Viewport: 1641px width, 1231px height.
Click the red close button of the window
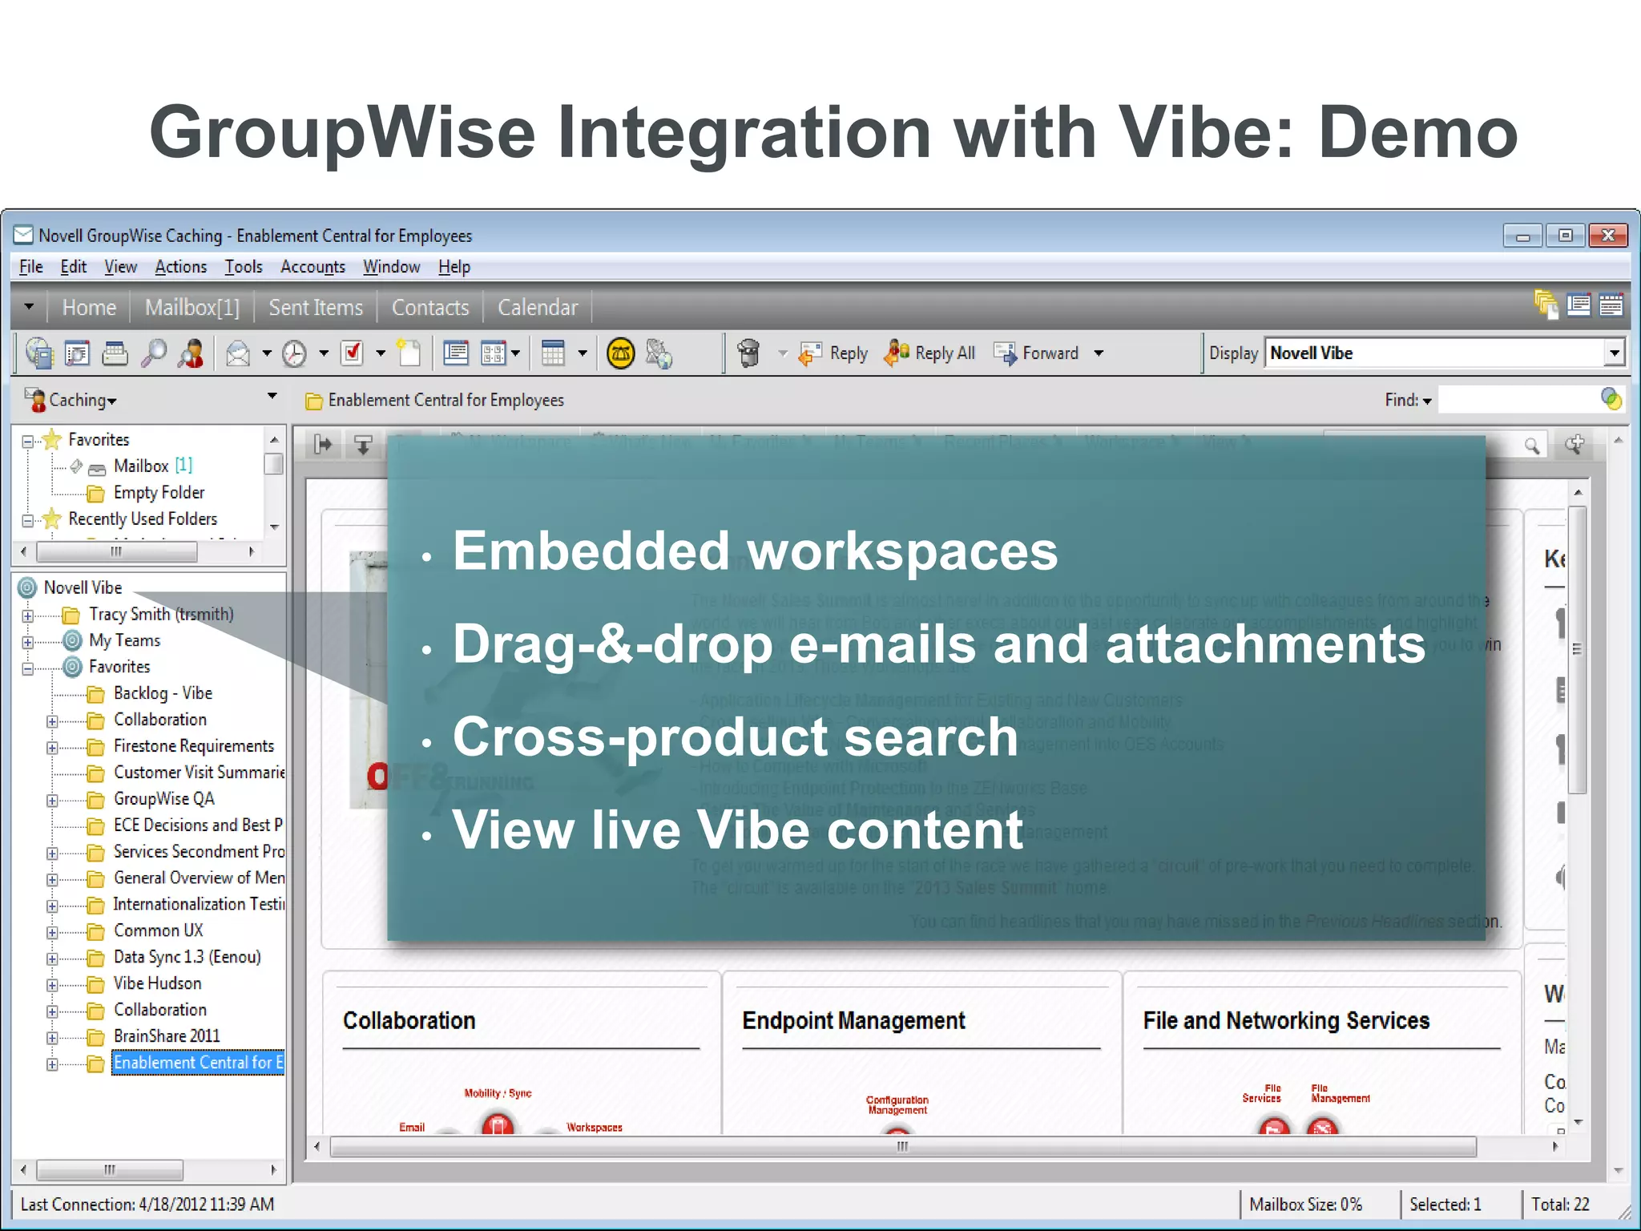(x=1607, y=236)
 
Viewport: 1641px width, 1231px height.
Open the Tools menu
(x=243, y=267)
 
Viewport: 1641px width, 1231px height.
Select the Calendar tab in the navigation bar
(x=537, y=308)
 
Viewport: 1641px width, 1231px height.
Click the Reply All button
(x=930, y=353)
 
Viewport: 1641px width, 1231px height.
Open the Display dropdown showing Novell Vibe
(x=1613, y=353)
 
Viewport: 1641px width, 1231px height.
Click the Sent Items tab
(x=315, y=308)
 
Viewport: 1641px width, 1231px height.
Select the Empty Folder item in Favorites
(x=159, y=493)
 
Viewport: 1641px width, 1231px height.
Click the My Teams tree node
(x=124, y=641)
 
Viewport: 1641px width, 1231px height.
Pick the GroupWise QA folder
(x=163, y=799)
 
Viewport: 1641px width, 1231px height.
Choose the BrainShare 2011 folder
(x=166, y=1036)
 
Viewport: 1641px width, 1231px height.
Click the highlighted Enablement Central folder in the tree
(x=197, y=1063)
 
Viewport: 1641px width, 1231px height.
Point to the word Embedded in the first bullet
(x=591, y=551)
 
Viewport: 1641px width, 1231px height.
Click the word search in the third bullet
(x=930, y=737)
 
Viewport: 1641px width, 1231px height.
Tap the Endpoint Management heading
(x=853, y=1021)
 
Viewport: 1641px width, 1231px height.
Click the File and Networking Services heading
(x=1286, y=1021)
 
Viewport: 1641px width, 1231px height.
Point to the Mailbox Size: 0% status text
(x=1305, y=1205)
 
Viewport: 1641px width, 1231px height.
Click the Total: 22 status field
(x=1559, y=1205)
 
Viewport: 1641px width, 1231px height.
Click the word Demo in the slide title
(x=1417, y=133)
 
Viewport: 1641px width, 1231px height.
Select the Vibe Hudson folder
(x=157, y=983)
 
